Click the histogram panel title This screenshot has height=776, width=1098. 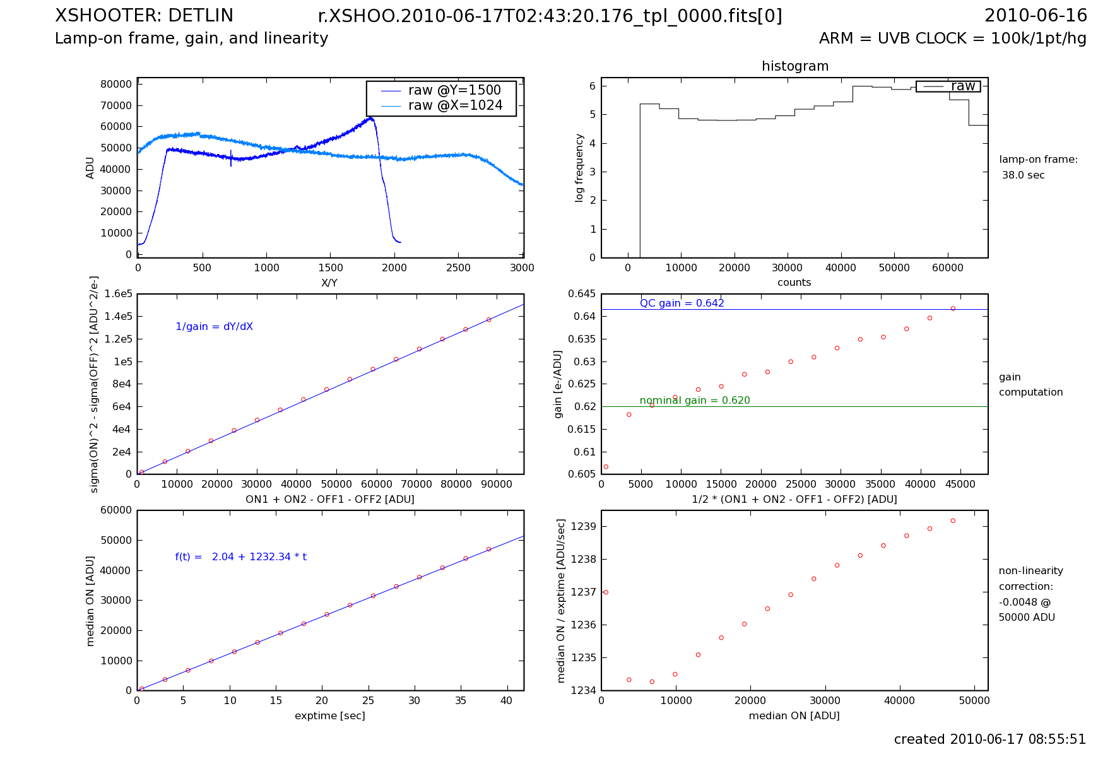[x=794, y=66]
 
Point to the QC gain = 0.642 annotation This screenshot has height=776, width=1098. [x=682, y=303]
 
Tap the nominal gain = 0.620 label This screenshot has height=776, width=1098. [x=694, y=401]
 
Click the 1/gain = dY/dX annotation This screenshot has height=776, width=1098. [x=214, y=327]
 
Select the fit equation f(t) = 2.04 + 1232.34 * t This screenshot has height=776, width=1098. [x=241, y=557]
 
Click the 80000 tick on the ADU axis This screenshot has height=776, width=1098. [x=116, y=84]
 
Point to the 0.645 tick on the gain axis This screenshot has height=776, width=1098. [x=581, y=294]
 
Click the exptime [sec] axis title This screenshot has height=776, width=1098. [x=329, y=716]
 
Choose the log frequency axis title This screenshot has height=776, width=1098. [x=579, y=168]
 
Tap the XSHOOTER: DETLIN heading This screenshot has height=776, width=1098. [x=144, y=16]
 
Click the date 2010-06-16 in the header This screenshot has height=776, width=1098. [x=1036, y=16]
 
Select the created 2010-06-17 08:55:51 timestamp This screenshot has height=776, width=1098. [x=989, y=739]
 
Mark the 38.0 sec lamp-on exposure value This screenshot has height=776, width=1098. [x=1023, y=175]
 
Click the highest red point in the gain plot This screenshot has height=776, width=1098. [x=953, y=309]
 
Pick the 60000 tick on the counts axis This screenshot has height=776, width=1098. [x=948, y=268]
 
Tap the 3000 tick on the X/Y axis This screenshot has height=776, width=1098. [x=522, y=268]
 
